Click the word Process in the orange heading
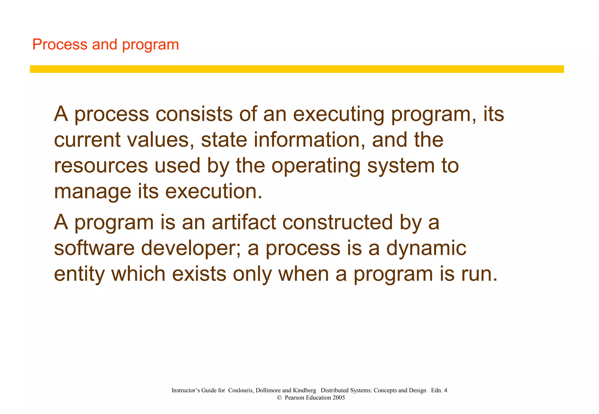click(60, 45)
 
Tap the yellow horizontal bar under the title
click(297, 69)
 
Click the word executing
click(338, 114)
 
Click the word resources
click(101, 166)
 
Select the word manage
click(93, 192)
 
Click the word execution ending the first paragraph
click(214, 191)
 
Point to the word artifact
click(244, 222)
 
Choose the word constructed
click(337, 222)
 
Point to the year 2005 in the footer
click(339, 398)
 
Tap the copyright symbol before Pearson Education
click(279, 398)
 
